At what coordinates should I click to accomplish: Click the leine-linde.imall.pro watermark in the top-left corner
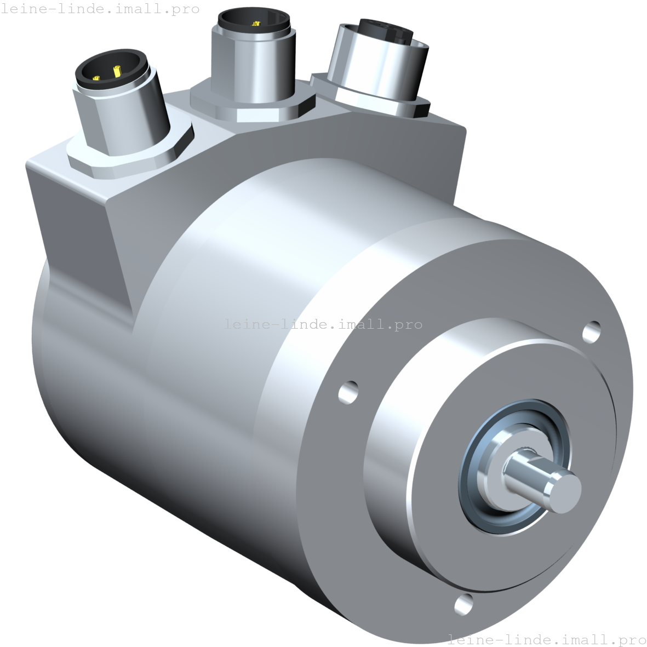[100, 9]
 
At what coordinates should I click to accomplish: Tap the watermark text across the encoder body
[323, 324]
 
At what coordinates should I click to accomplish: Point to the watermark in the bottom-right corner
[547, 639]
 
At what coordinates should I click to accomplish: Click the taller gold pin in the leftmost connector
[117, 71]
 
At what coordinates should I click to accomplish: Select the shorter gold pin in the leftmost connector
[98, 78]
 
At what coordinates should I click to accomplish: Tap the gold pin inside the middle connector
[255, 24]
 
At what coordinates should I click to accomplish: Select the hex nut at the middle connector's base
[252, 110]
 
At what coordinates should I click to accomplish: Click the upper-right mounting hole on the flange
[591, 331]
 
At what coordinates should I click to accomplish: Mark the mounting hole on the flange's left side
[348, 392]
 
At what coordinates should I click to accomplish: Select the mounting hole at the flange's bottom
[464, 603]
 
